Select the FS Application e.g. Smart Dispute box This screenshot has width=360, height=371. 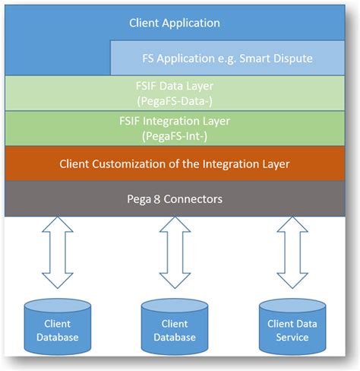tap(229, 57)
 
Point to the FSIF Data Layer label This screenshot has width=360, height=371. tap(175, 87)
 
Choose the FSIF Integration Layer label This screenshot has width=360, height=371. tap(175, 122)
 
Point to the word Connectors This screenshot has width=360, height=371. tap(197, 198)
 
